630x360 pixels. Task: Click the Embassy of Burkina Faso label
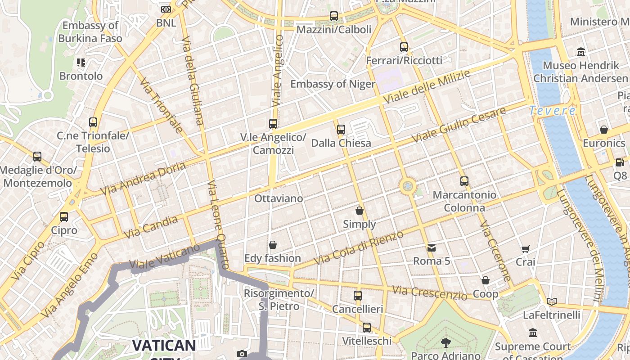(90, 31)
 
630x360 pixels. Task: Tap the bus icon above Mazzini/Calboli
(333, 16)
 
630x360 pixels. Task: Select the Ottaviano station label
(279, 198)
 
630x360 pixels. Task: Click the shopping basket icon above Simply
(360, 210)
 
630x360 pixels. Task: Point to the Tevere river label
(552, 111)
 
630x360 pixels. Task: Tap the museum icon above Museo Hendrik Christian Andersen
(581, 52)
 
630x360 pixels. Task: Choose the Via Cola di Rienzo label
(358, 247)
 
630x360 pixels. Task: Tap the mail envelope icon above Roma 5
(432, 247)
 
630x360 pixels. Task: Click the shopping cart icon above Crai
(525, 249)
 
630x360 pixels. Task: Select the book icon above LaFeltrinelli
(552, 301)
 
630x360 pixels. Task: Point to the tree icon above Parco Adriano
(445, 343)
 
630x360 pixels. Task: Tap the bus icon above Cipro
(64, 217)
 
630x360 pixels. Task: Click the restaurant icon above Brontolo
(81, 62)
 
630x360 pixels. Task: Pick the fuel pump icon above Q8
(620, 162)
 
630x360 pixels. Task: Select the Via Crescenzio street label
(429, 293)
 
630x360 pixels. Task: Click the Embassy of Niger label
(333, 84)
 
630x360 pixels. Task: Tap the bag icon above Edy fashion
(272, 245)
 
